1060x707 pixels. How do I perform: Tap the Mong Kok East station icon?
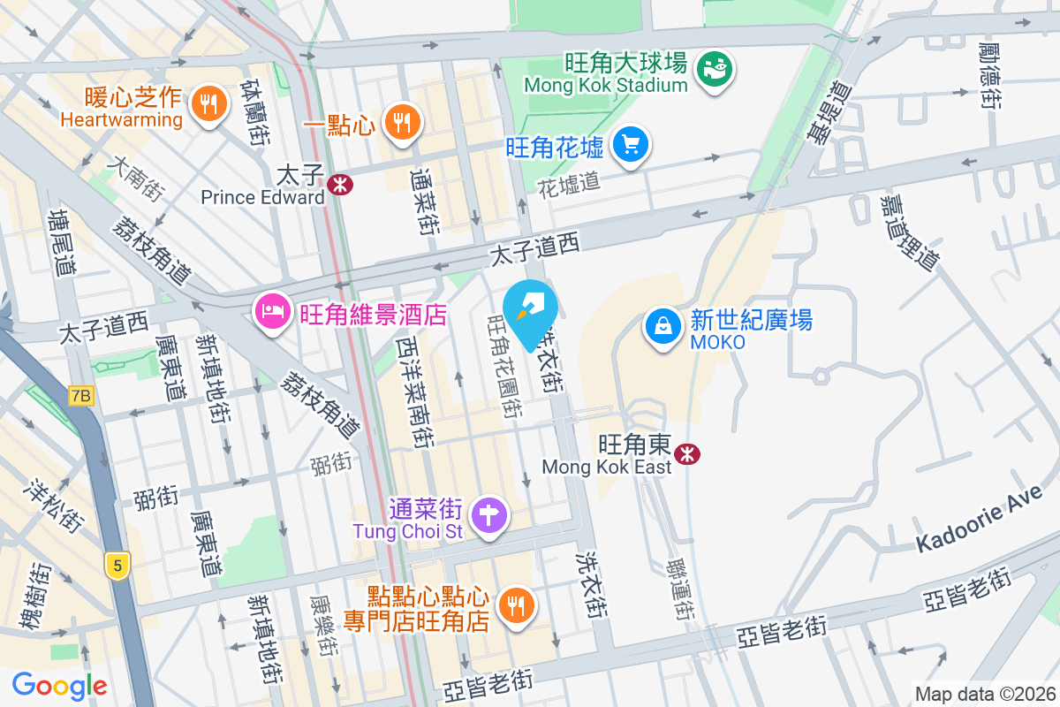click(x=686, y=454)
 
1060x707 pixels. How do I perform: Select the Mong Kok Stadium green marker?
click(x=714, y=70)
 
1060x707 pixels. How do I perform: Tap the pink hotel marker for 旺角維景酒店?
click(x=271, y=311)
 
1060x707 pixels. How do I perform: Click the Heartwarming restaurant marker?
click(x=208, y=104)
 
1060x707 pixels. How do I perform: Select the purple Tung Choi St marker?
click(x=488, y=514)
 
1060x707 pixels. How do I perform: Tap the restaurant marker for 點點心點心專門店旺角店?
click(x=514, y=605)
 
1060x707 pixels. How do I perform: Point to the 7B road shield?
click(x=80, y=396)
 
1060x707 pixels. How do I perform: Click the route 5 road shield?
click(x=116, y=566)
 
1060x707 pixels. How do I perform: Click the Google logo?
click(x=60, y=685)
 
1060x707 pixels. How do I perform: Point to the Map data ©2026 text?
click(x=985, y=695)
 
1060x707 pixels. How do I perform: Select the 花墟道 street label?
click(x=569, y=183)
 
